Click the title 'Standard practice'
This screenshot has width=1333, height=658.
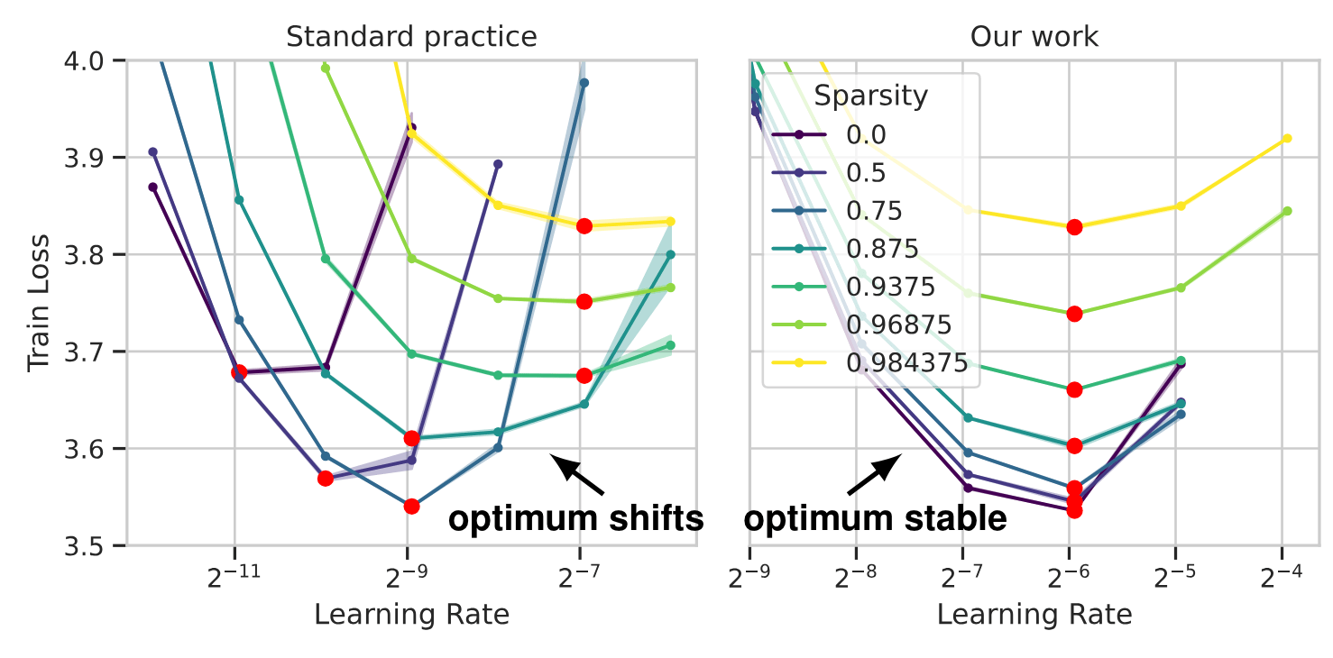click(411, 37)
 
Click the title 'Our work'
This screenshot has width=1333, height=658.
click(1034, 37)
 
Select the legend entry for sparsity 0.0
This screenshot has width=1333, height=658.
click(866, 135)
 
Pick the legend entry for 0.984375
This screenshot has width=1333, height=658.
click(906, 363)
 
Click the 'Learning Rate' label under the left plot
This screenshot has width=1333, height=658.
click(411, 615)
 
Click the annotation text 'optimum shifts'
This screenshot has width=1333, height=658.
click(575, 519)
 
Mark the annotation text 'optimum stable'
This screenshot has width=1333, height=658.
click(874, 519)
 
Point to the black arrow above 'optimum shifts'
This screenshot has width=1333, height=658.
click(577, 475)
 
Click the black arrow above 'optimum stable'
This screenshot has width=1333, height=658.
click(874, 474)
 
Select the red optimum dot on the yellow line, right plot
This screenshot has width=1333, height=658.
click(1073, 227)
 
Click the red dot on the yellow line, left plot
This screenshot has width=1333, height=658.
click(584, 225)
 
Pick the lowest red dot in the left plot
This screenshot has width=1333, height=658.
click(411, 507)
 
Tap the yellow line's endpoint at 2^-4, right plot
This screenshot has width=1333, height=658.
click(1287, 138)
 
